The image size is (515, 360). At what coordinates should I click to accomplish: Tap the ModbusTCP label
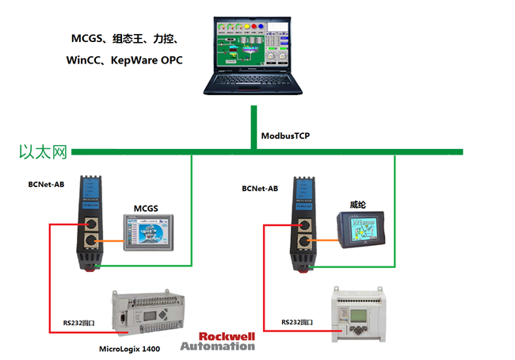[x=285, y=136]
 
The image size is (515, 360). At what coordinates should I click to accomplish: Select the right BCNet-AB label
[x=260, y=189]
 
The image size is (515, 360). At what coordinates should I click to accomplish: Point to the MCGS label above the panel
[x=145, y=209]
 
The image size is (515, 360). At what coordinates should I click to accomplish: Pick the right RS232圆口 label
[x=297, y=323]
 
